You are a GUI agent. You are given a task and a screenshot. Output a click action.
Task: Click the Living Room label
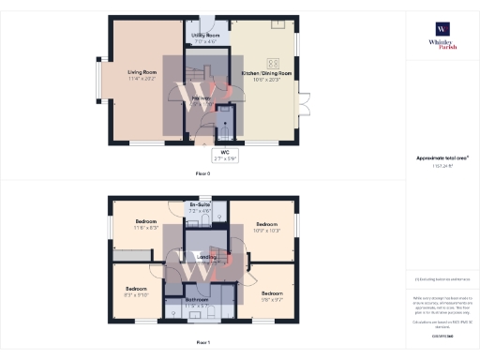coord(142,72)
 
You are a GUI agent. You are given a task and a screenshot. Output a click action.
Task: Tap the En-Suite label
coord(199,204)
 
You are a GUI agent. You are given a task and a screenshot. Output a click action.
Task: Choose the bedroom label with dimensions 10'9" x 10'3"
coord(267,225)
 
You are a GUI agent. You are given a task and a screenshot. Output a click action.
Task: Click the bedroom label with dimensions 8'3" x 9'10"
coord(137,289)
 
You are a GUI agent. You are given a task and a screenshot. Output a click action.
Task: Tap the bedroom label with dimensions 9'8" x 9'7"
coord(273,293)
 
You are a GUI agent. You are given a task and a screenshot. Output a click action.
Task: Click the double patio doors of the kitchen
coord(303,104)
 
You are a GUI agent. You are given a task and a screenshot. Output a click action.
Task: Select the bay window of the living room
coord(101,80)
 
